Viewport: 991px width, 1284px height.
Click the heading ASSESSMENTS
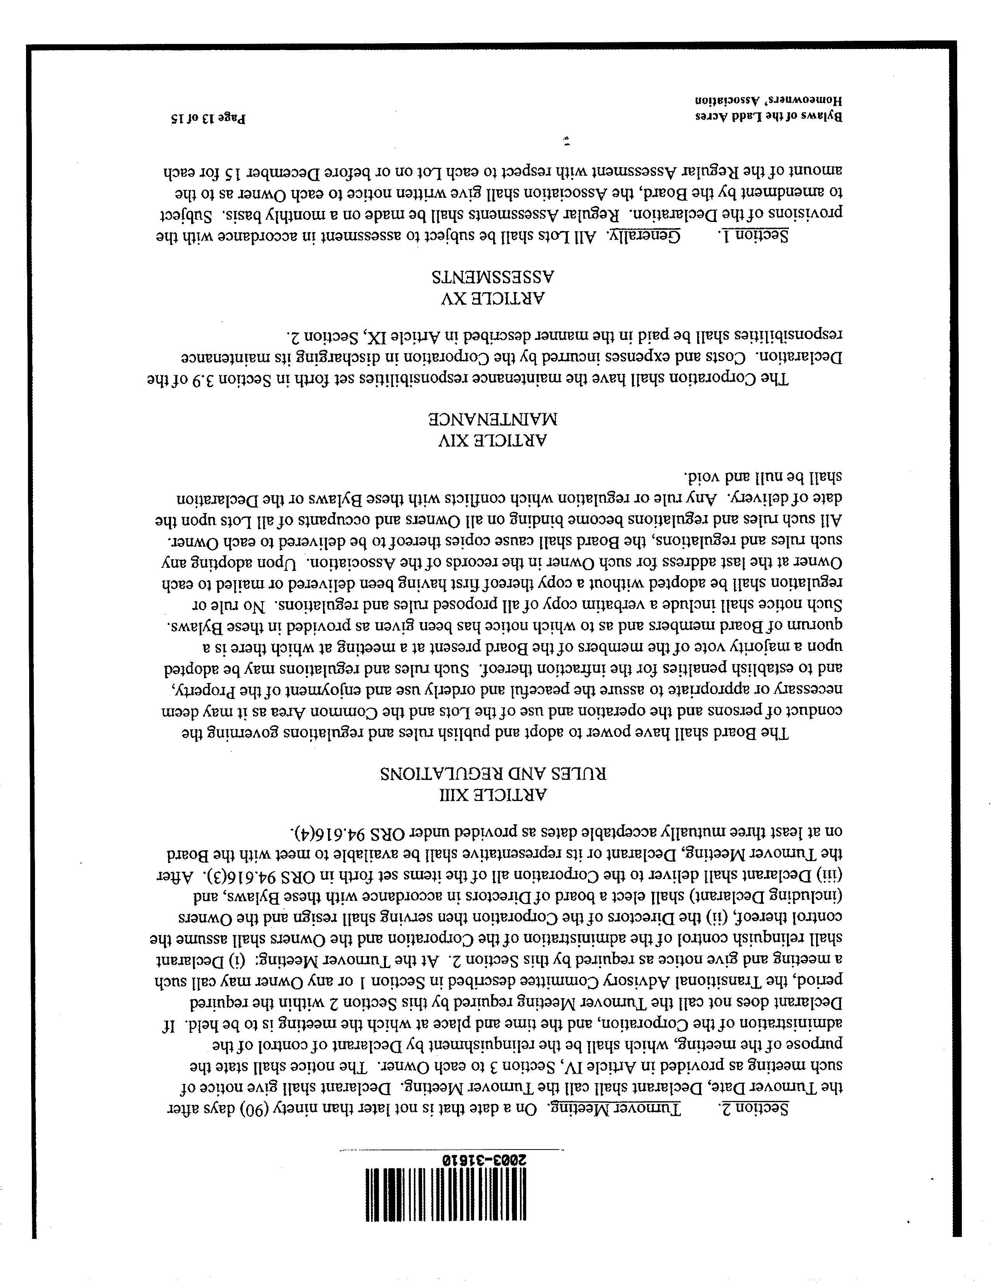[494, 277]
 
